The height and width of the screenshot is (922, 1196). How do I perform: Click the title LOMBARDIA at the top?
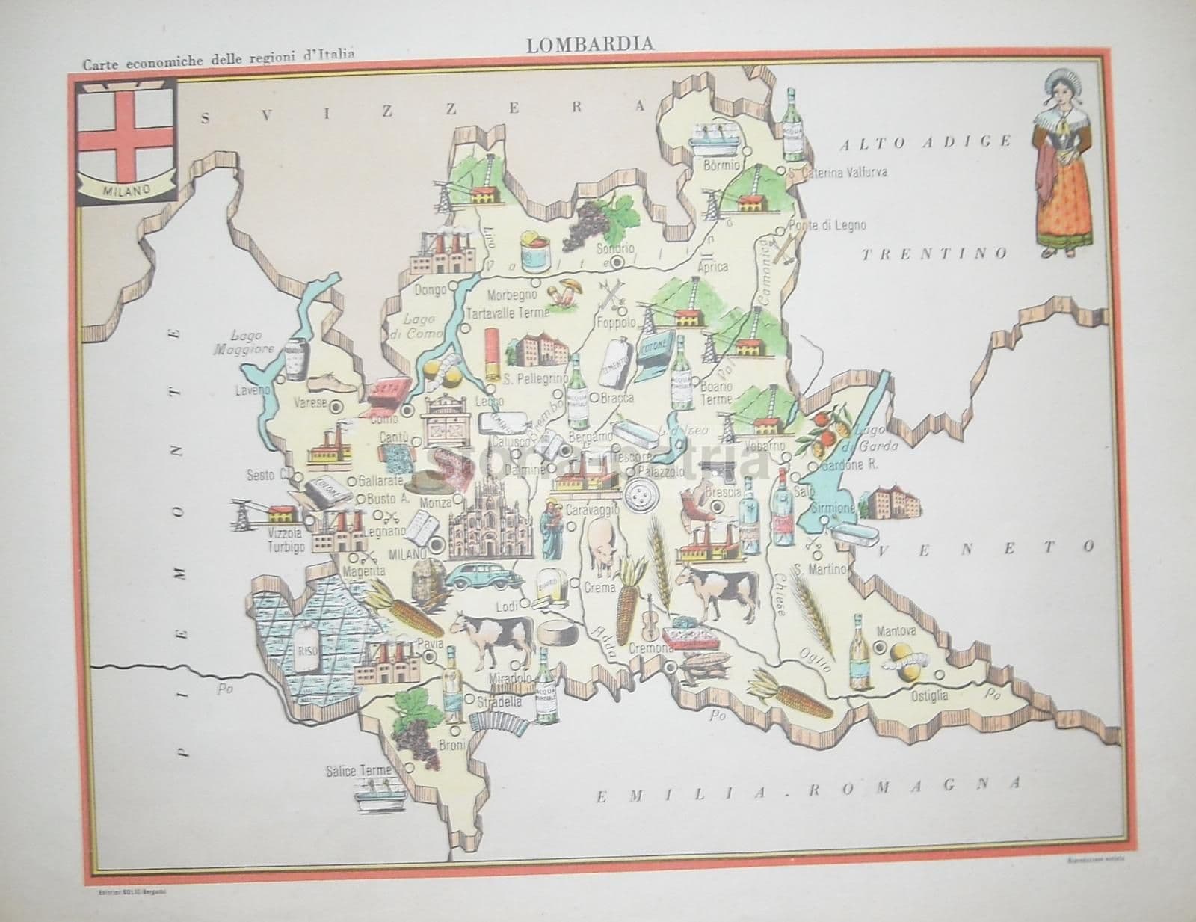tap(590, 44)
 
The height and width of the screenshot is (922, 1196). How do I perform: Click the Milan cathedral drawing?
tap(490, 518)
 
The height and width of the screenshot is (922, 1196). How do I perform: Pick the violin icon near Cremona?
tap(650, 612)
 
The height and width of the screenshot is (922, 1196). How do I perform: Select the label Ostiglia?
tap(928, 695)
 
